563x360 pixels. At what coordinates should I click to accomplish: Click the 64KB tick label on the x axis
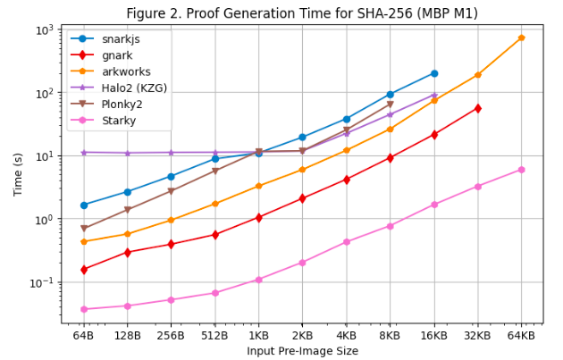click(x=521, y=335)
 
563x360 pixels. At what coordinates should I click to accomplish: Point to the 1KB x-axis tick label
click(x=258, y=335)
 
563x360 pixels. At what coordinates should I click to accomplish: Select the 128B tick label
click(x=127, y=335)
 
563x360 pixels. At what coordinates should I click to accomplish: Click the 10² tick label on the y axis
click(x=43, y=93)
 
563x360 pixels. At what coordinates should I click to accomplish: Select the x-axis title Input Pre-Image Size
click(x=302, y=351)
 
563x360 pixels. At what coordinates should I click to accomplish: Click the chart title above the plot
click(x=302, y=13)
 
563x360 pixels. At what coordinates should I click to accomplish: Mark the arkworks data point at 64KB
click(x=521, y=38)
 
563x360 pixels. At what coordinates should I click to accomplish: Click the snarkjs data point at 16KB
click(x=434, y=73)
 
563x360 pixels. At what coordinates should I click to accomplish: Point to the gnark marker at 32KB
click(x=478, y=108)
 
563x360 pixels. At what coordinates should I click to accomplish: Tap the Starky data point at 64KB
click(x=521, y=170)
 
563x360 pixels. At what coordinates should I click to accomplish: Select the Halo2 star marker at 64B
click(x=84, y=152)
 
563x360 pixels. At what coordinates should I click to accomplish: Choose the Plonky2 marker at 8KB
click(x=391, y=105)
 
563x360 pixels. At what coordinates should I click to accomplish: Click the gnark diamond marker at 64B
click(x=84, y=269)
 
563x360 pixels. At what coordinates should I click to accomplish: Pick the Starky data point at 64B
click(x=84, y=309)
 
